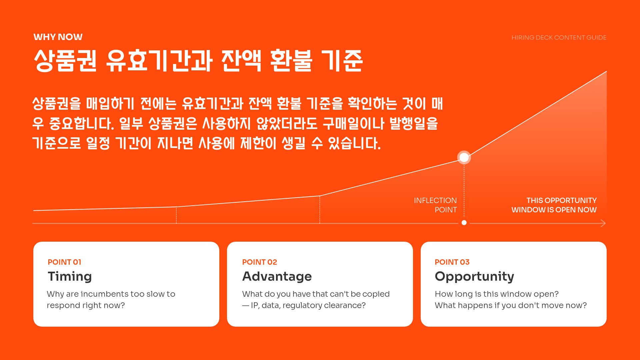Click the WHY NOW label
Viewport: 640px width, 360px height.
(x=58, y=37)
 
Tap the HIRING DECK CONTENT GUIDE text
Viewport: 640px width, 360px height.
(x=559, y=38)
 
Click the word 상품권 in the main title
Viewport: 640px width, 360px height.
(x=65, y=61)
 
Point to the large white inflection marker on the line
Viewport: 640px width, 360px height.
(x=464, y=157)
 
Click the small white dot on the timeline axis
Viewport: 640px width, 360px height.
(x=464, y=223)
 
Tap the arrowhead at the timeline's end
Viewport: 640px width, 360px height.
(x=603, y=223)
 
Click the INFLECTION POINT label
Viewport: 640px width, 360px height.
(x=435, y=205)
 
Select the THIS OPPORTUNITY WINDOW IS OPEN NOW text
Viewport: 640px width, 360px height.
(x=554, y=205)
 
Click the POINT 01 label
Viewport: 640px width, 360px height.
(x=64, y=262)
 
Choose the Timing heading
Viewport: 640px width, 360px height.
(x=70, y=276)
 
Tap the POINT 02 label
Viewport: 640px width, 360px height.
(x=259, y=262)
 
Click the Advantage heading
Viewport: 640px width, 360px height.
(x=277, y=276)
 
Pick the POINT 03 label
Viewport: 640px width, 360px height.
(x=452, y=262)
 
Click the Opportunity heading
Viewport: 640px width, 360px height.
(x=474, y=276)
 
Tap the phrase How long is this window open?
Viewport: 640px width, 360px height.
(x=497, y=294)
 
